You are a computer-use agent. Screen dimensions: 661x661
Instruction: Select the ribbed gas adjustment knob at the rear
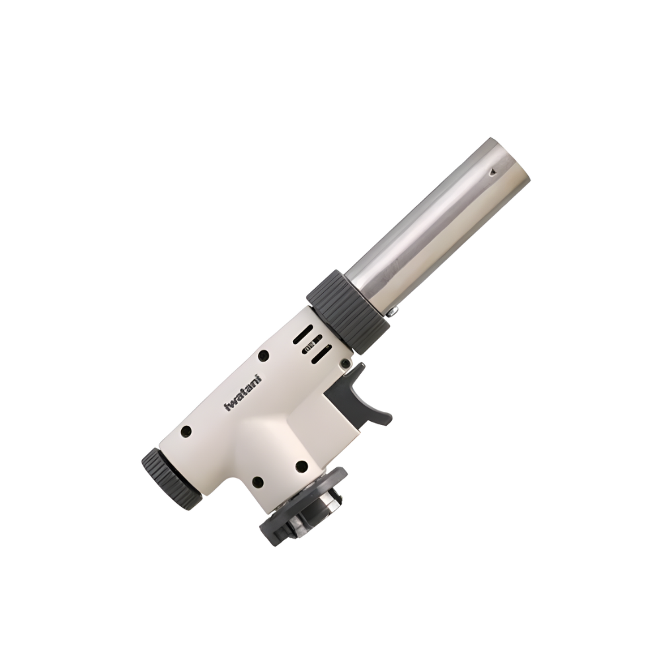click(171, 479)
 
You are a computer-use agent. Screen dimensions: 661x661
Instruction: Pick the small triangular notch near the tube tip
click(491, 173)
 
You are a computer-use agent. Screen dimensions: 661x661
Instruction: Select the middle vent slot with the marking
click(310, 344)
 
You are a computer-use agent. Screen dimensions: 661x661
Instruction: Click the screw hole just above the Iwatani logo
click(262, 355)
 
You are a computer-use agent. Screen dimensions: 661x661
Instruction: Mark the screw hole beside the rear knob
click(187, 432)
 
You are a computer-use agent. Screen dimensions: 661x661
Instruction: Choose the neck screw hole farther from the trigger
click(258, 481)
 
